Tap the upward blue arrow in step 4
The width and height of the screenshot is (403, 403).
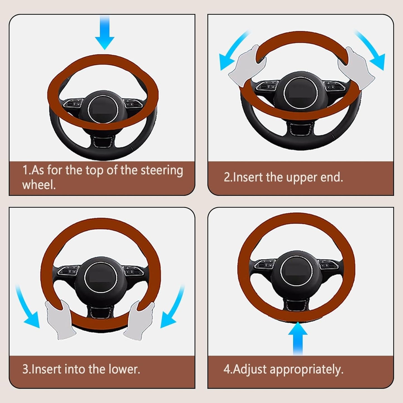[298, 337]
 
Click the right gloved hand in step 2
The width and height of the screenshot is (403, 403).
[356, 68]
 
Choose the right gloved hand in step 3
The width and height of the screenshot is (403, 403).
[139, 321]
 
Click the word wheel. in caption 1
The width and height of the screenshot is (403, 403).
[39, 185]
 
